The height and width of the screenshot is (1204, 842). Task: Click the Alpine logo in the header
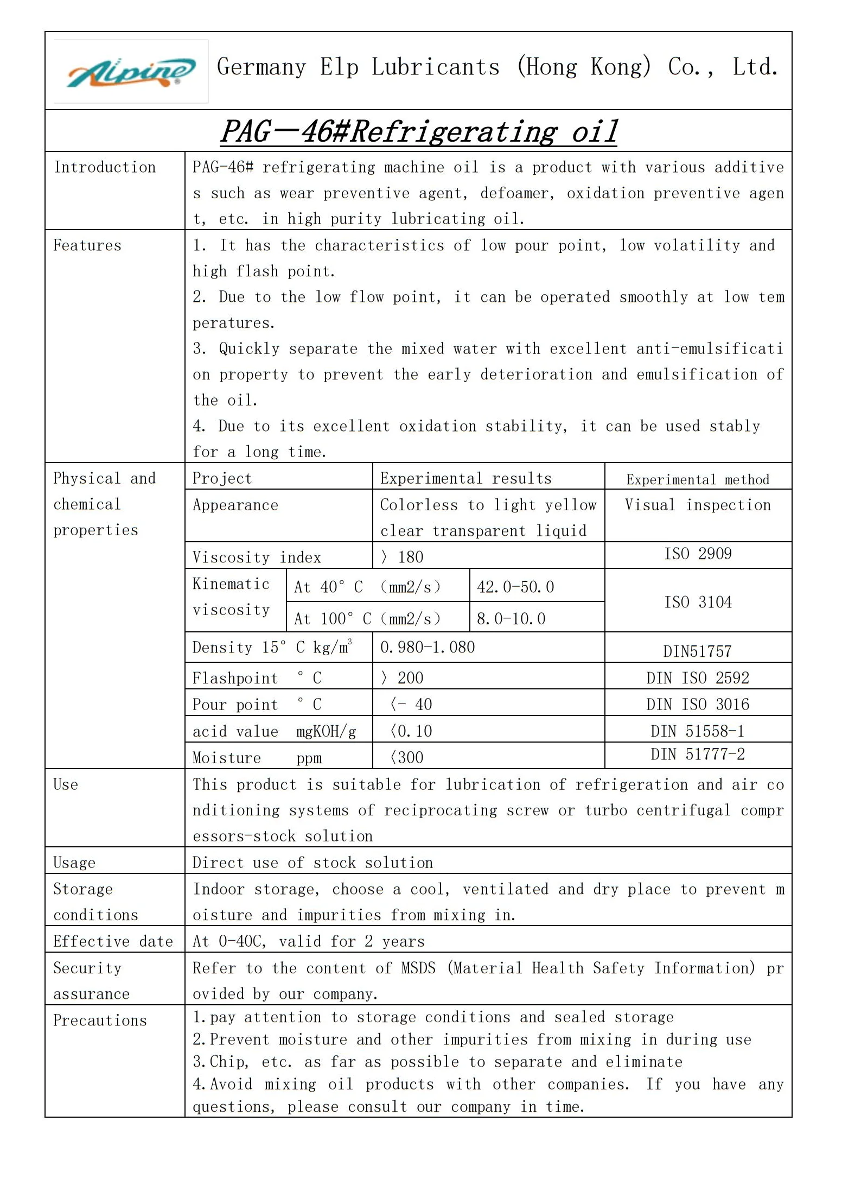tap(131, 72)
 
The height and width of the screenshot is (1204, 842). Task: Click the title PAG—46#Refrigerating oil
tap(418, 132)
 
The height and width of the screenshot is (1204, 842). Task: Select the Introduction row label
tap(105, 167)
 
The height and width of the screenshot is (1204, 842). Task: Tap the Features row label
tap(87, 245)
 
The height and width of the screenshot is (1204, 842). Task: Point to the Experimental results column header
tap(465, 478)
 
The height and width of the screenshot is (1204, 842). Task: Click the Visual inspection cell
tap(698, 505)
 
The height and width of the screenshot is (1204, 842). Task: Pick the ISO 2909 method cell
tap(698, 554)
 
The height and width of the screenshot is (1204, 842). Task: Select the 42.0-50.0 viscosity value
tap(515, 587)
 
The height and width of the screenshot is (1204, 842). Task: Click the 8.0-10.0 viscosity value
tap(511, 619)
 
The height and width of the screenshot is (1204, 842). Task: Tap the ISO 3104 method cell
tap(698, 602)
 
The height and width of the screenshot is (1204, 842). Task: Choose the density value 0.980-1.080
tap(428, 648)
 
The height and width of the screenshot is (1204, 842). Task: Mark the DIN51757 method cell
tap(697, 651)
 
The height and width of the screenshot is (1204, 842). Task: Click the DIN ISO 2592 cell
tap(698, 678)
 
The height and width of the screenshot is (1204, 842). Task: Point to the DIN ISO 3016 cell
tap(698, 705)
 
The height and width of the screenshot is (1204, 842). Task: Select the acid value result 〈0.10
tap(411, 731)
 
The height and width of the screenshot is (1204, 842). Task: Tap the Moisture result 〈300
tap(407, 758)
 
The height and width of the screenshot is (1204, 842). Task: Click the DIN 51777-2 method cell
tap(698, 754)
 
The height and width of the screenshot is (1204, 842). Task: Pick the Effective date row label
tap(113, 941)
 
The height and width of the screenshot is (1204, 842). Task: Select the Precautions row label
tap(100, 1021)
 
